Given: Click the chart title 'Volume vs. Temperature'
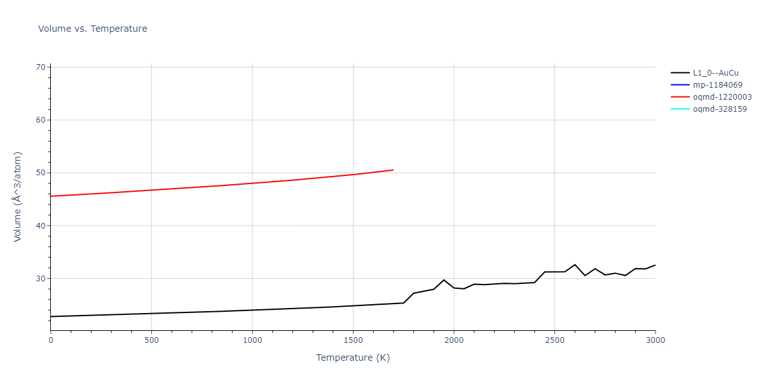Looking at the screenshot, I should [x=93, y=29].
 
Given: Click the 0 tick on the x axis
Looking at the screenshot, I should [x=51, y=340].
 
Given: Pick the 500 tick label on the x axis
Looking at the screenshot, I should [x=151, y=340].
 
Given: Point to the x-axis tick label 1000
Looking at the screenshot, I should [x=252, y=340].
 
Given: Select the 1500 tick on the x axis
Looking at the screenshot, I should [x=353, y=340].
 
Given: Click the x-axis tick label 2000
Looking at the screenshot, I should [x=454, y=340].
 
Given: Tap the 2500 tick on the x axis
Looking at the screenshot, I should [x=554, y=340].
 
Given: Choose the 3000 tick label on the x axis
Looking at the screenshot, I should [x=655, y=340].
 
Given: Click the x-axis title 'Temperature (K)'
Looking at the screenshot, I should [x=353, y=358].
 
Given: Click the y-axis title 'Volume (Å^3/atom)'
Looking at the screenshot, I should [x=18, y=196].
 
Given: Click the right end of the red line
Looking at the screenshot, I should [x=393, y=170].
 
